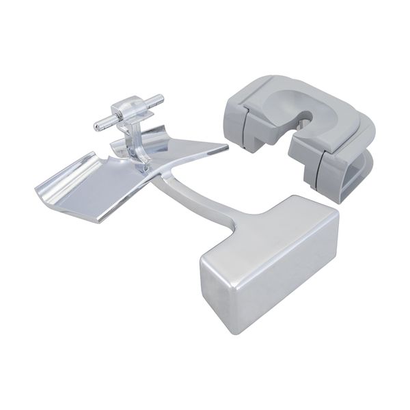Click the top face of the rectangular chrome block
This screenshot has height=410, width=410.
tap(266, 225)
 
